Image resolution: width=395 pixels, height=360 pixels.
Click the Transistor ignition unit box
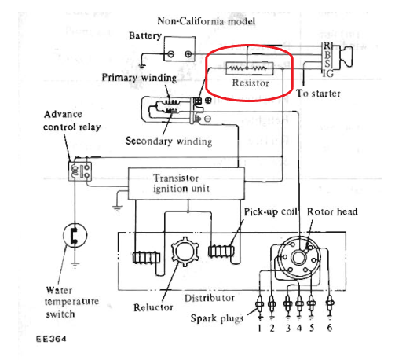tap(186, 183)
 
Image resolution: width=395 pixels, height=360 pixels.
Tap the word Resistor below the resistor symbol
tap(251, 83)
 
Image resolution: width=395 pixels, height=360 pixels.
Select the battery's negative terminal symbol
tap(170, 54)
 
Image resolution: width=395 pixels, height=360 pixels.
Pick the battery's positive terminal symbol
tap(188, 54)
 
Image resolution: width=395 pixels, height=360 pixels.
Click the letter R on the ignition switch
tap(327, 46)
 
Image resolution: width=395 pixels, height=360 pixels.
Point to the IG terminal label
tap(328, 74)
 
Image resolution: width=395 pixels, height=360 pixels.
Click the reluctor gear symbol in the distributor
tap(185, 252)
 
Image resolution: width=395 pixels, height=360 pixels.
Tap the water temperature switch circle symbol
tap(75, 235)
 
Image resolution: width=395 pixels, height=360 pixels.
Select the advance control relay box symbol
tap(80, 171)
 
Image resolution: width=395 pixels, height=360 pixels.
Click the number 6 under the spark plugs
tap(330, 328)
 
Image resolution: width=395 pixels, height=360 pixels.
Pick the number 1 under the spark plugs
tap(259, 328)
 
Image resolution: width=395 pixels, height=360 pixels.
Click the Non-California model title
tap(207, 21)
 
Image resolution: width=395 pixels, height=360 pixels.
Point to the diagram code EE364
tap(51, 339)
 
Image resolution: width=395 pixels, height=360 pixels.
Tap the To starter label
tap(318, 94)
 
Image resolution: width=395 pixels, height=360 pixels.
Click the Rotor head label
tap(332, 211)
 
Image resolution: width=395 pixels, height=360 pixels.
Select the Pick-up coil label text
tap(270, 211)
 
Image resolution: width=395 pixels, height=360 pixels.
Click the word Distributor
tap(210, 298)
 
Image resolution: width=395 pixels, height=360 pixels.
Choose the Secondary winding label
tap(169, 141)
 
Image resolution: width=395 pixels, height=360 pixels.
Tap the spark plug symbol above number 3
tap(287, 304)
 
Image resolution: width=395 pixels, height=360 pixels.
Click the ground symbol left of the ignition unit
tap(117, 208)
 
